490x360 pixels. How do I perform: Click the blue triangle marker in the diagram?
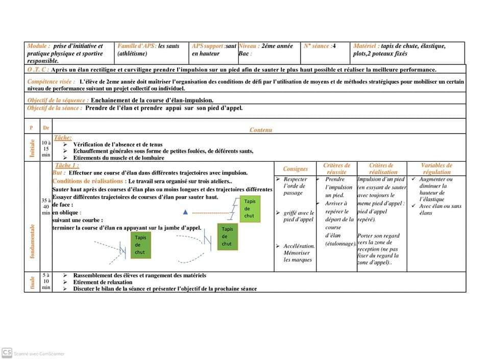[185, 211]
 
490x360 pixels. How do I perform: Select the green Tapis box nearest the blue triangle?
[249, 209]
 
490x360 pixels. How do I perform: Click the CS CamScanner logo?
[7, 352]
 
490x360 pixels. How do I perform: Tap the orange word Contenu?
[261, 130]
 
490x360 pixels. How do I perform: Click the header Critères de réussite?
[336, 169]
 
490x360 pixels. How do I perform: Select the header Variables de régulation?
[436, 169]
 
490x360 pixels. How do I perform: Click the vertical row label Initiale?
[32, 148]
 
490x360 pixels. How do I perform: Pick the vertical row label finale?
[32, 282]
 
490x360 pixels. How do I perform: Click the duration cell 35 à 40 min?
[46, 207]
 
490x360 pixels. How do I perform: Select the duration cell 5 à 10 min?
[46, 281]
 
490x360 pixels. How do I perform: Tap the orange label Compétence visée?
[51, 82]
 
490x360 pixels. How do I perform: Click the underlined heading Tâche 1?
[67, 166]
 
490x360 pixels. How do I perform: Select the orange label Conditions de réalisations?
[89, 181]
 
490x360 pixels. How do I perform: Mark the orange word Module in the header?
[39, 46]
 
